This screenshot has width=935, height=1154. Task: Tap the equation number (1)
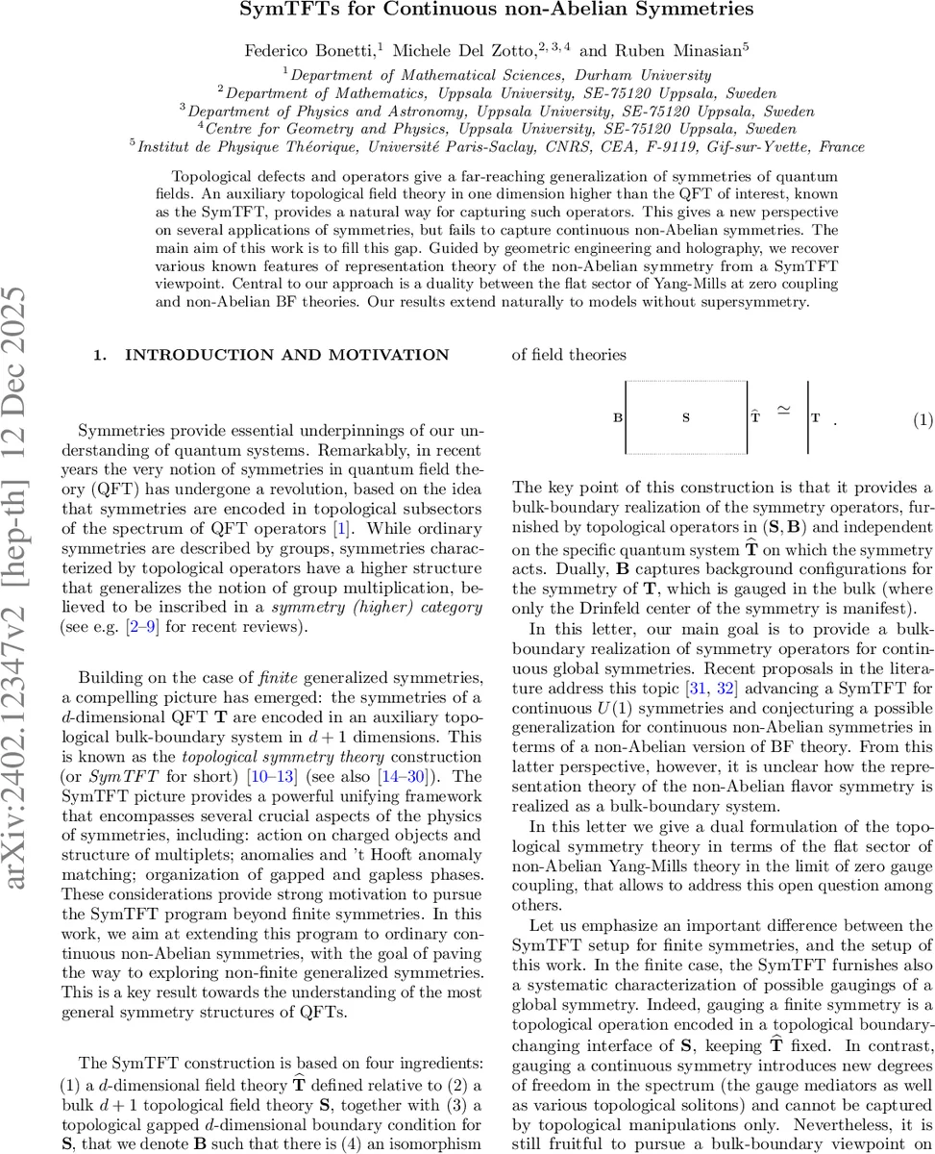pyautogui.click(x=921, y=419)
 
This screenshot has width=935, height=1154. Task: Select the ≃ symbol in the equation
pyautogui.click(x=783, y=412)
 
